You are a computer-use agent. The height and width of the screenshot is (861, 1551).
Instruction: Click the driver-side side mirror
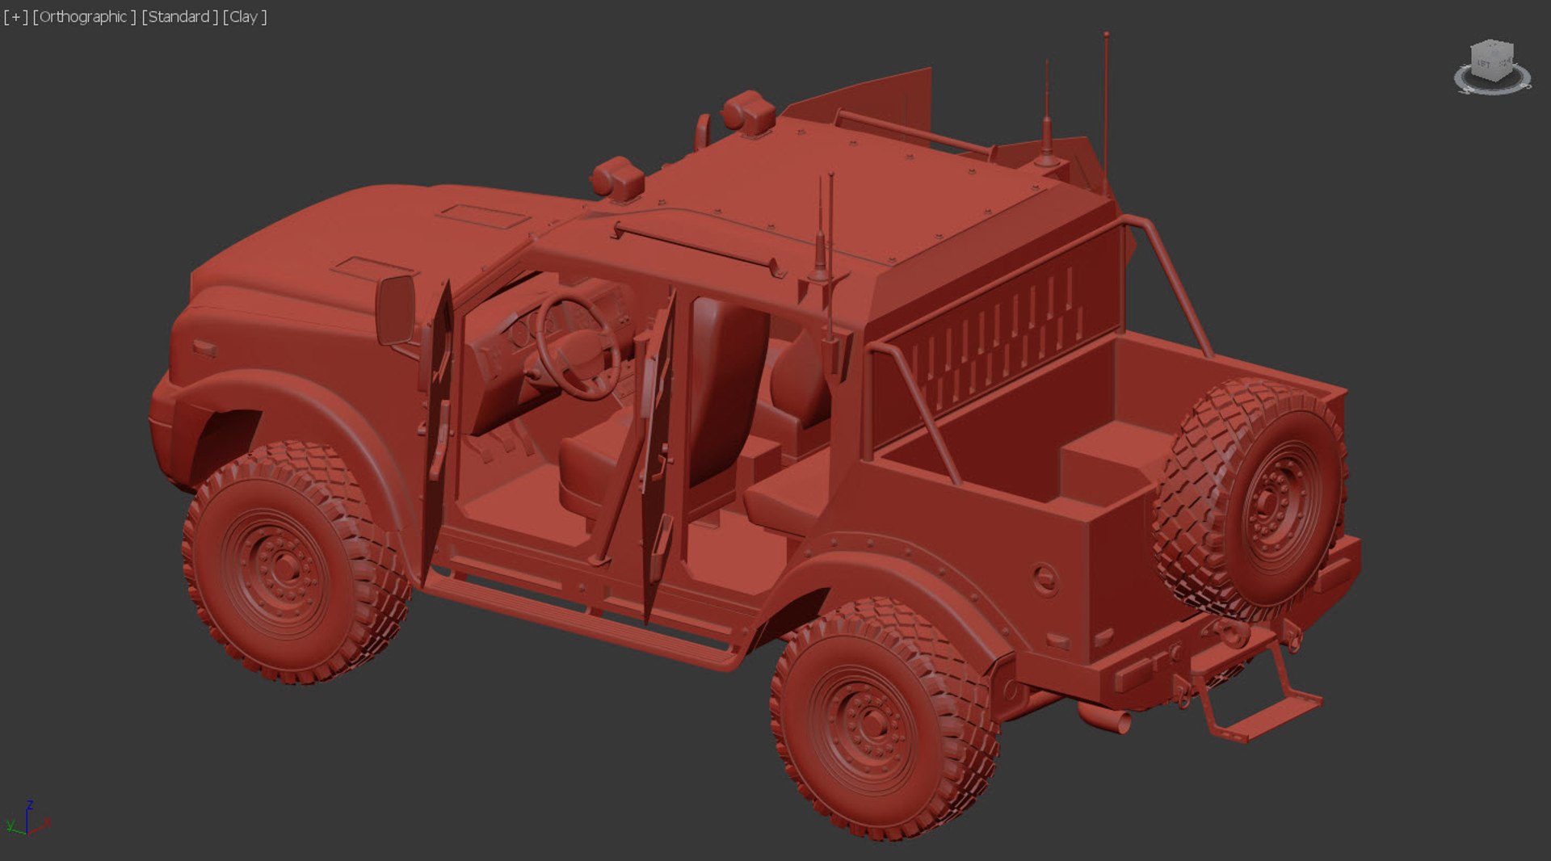pyautogui.click(x=395, y=309)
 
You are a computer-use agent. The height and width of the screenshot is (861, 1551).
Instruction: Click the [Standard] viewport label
pyautogui.click(x=179, y=17)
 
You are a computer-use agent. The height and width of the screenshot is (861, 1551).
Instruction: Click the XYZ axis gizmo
pyautogui.click(x=27, y=819)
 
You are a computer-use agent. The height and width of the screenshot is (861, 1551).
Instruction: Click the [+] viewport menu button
pyautogui.click(x=15, y=17)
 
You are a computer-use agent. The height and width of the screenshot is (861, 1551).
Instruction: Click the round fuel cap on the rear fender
pyautogui.click(x=1045, y=578)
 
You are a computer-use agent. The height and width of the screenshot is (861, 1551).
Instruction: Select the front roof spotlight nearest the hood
pyautogui.click(x=617, y=177)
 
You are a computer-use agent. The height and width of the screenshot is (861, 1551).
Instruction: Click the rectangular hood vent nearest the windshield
pyautogui.click(x=483, y=215)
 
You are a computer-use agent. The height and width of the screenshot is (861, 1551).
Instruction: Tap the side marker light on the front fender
pyautogui.click(x=204, y=348)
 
